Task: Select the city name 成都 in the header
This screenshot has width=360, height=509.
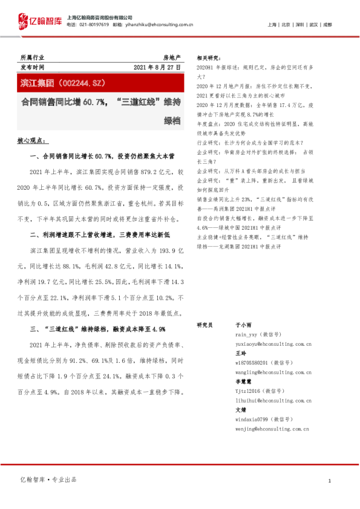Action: click(x=327, y=25)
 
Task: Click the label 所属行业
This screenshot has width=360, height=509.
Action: click(x=32, y=57)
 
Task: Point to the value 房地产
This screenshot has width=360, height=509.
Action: click(x=172, y=57)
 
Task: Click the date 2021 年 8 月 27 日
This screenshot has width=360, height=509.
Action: click(x=157, y=68)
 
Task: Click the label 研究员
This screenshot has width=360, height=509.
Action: click(x=205, y=325)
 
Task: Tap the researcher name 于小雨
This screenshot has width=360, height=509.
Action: click(x=242, y=325)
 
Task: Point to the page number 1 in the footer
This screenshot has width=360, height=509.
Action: click(x=329, y=481)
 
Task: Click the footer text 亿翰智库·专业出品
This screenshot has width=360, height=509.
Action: click(x=48, y=479)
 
